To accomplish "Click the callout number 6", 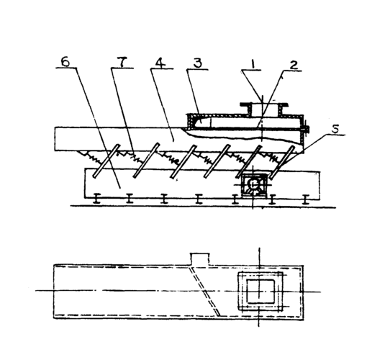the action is pyautogui.click(x=65, y=62).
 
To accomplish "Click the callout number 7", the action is pyautogui.click(x=122, y=63).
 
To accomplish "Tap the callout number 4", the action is pyautogui.click(x=160, y=63).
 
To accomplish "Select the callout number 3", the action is pyautogui.click(x=198, y=63).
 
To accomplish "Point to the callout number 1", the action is pyautogui.click(x=252, y=64).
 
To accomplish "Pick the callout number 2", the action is pyautogui.click(x=294, y=65).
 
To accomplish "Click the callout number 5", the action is pyautogui.click(x=335, y=129).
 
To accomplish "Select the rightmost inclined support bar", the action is pyautogui.click(x=283, y=162).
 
